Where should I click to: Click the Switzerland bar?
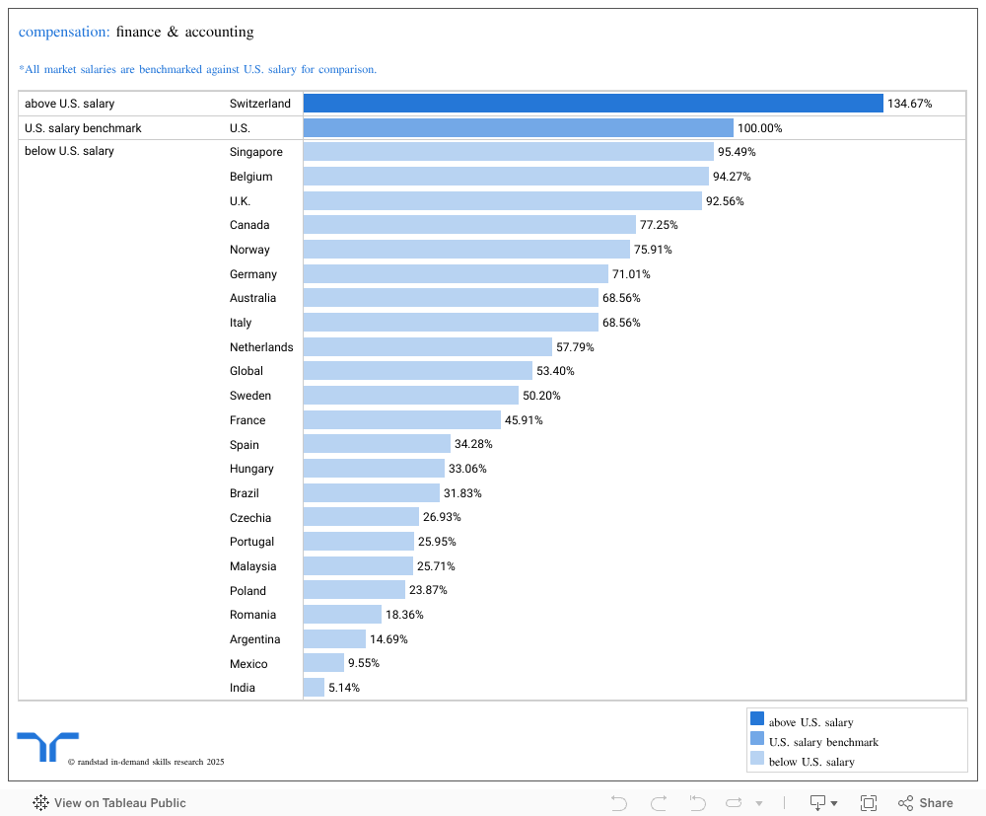pos(593,104)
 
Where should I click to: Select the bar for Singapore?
pos(508,152)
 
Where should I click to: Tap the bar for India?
pos(314,688)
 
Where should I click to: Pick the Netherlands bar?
pos(427,347)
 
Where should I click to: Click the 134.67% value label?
pos(909,104)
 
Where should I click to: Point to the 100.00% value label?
pos(759,128)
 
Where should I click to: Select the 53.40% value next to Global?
pos(555,371)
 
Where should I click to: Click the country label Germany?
pos(253,274)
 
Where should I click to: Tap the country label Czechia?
pos(250,518)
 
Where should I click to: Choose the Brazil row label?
pos(245,493)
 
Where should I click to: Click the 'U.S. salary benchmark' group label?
pos(83,128)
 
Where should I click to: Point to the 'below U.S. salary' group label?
pos(69,152)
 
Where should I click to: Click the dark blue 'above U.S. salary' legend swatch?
pos(757,719)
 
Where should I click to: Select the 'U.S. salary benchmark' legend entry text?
pos(823,742)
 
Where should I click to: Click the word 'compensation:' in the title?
pos(64,32)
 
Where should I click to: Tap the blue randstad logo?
pos(47,747)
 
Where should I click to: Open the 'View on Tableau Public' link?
pos(109,803)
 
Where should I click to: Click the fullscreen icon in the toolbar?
pos(869,803)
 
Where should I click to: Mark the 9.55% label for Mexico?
pos(363,664)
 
